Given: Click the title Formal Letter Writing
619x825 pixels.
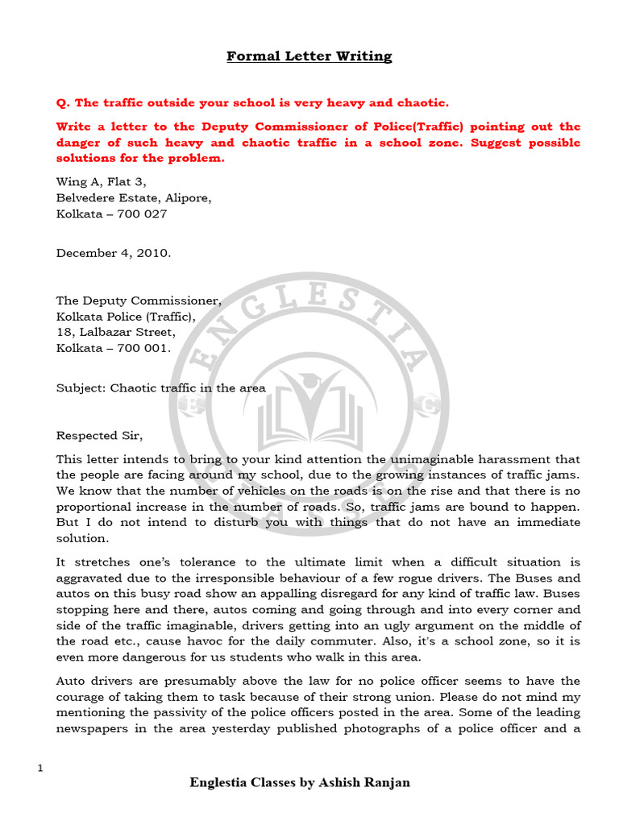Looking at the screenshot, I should [309, 56].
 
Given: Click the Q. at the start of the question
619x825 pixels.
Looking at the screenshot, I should [63, 102].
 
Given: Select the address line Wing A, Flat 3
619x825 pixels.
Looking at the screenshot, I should [102, 181].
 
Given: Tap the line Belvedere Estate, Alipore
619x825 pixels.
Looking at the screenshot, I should [134, 197].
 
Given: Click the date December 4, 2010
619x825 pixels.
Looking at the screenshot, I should [114, 252].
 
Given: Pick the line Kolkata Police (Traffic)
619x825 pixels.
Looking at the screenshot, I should [126, 316].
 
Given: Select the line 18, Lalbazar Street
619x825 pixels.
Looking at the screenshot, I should [115, 332].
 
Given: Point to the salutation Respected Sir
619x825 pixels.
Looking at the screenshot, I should [99, 436].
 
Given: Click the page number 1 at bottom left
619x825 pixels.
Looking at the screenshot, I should [39, 769].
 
